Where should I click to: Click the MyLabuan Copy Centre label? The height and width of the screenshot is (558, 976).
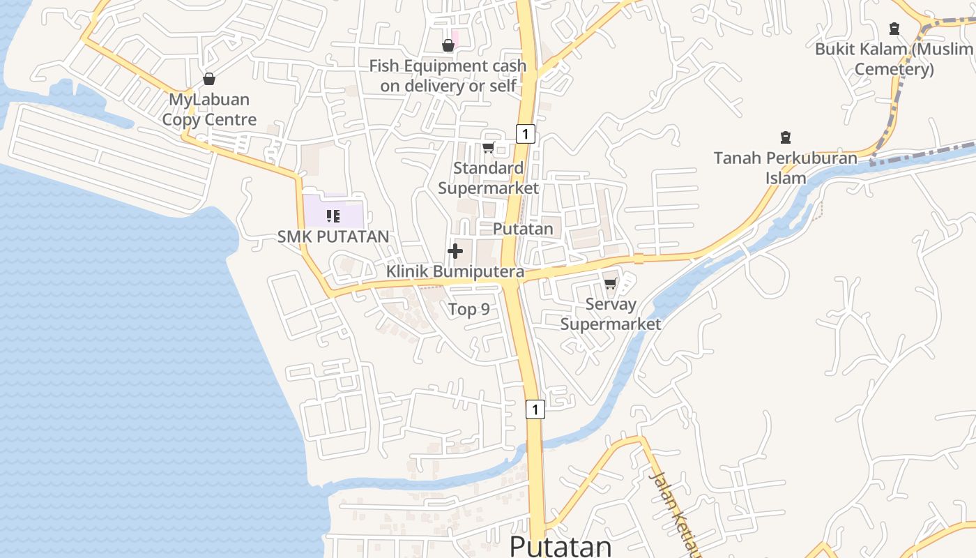click(x=209, y=110)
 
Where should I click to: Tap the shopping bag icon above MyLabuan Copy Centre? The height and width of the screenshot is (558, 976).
click(x=208, y=79)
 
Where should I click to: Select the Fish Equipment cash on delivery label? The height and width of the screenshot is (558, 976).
click(x=448, y=75)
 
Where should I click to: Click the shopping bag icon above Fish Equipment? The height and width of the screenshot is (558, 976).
click(x=448, y=45)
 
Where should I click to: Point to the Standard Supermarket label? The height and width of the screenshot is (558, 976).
click(x=488, y=178)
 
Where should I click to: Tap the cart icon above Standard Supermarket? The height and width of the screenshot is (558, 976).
click(x=488, y=147)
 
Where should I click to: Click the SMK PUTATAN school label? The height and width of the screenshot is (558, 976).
click(x=333, y=236)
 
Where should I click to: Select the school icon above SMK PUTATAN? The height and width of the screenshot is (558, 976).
click(x=333, y=216)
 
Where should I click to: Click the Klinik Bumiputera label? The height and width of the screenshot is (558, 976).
click(x=455, y=271)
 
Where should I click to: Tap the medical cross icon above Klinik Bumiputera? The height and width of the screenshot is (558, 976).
click(x=455, y=251)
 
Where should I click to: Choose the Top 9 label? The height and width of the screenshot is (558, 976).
click(x=468, y=309)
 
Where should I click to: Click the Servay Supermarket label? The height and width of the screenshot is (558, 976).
click(x=611, y=314)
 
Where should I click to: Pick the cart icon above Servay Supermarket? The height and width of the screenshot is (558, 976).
click(x=611, y=283)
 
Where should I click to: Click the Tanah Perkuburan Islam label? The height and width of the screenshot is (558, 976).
click(x=786, y=167)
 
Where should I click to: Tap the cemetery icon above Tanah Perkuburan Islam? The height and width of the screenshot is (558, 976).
click(x=786, y=137)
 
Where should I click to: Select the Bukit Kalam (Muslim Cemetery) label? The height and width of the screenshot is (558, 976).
click(x=894, y=59)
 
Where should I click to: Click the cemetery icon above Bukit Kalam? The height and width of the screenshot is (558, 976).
click(x=894, y=29)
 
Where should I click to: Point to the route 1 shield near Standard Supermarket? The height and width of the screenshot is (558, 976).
click(x=526, y=133)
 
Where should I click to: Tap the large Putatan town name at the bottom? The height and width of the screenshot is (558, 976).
click(x=561, y=546)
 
